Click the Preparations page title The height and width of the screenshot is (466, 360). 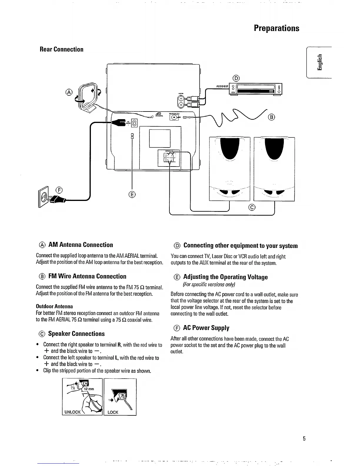point(276,28)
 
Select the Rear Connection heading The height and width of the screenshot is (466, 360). point(61,49)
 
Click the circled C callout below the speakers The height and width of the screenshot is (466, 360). point(252,207)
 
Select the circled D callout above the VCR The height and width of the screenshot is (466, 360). point(236,78)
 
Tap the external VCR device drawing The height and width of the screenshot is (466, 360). point(255,89)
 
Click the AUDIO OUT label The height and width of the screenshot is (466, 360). point(222,86)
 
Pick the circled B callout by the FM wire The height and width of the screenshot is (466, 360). point(271,117)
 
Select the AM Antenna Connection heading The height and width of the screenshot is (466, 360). point(80,245)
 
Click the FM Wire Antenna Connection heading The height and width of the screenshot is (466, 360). point(87,276)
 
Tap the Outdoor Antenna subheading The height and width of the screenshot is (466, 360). point(54,306)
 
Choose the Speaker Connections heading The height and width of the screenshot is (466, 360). point(76,334)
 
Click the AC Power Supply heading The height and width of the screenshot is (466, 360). point(206,328)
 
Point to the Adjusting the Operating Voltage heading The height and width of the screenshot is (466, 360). point(225,277)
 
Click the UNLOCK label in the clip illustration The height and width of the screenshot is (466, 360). point(72,412)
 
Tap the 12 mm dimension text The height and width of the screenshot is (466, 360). point(89,389)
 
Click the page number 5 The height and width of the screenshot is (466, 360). point(304,439)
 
